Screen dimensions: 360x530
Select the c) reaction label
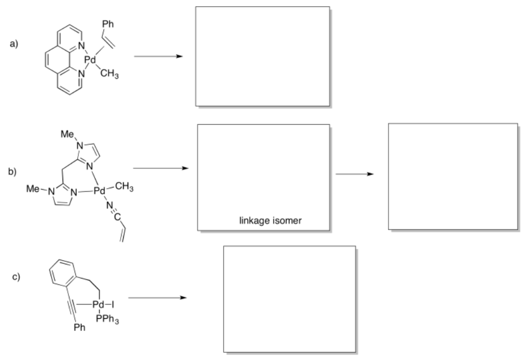click(x=16, y=276)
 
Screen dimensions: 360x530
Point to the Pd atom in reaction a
click(x=91, y=61)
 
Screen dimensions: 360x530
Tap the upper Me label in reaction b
click(x=67, y=133)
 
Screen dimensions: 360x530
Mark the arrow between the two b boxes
click(x=355, y=175)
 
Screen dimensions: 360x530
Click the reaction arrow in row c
click(x=157, y=298)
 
